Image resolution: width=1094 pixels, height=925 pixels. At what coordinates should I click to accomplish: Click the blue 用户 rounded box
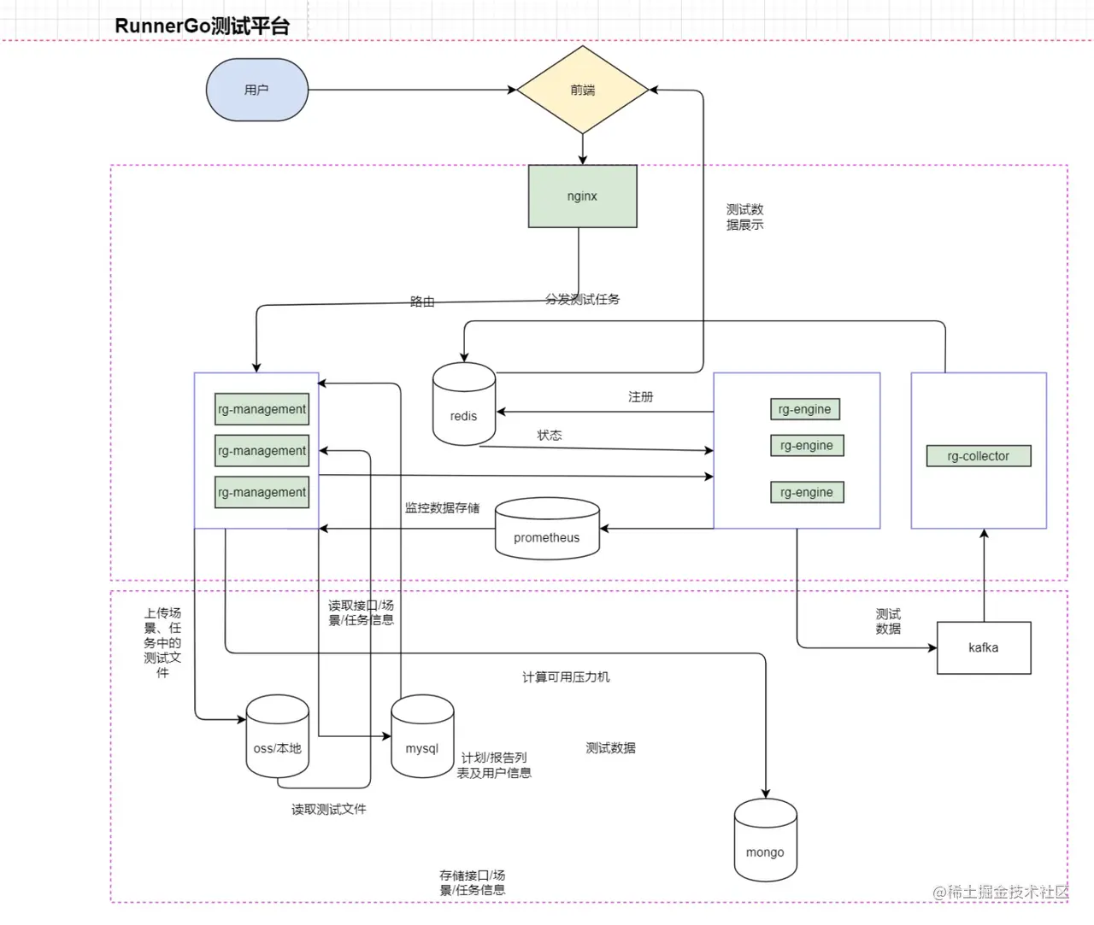(256, 90)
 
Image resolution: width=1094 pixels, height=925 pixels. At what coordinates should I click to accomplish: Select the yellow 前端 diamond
(583, 90)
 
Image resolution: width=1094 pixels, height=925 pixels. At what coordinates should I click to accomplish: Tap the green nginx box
(582, 196)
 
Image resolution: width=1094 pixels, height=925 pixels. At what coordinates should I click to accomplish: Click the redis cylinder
(464, 405)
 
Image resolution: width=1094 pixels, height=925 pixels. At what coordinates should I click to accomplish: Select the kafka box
(984, 648)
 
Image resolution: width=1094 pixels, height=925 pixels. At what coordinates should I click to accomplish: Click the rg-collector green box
(978, 456)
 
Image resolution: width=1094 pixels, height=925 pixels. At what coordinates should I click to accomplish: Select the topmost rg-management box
(262, 409)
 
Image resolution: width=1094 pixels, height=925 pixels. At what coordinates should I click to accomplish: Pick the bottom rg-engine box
(806, 493)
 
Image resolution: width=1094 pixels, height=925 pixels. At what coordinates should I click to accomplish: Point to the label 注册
(641, 397)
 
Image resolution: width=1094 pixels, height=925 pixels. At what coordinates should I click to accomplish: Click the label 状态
(550, 436)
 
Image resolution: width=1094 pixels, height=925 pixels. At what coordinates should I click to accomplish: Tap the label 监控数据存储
(442, 508)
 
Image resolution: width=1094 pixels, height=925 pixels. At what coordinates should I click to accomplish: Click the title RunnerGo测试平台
(202, 26)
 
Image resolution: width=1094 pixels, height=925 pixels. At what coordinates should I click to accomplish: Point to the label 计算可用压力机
(566, 677)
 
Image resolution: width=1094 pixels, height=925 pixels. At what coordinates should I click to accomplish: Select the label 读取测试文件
(328, 810)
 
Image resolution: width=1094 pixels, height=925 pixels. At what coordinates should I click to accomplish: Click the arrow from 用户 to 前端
(410, 90)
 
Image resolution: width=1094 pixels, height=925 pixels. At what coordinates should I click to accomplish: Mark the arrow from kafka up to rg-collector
(984, 577)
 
